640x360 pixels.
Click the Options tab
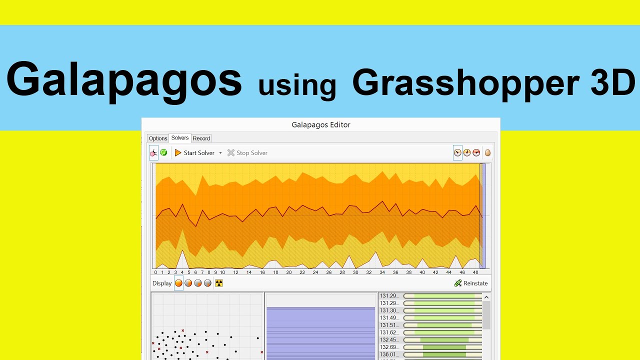pos(158,138)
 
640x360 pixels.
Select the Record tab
pos(201,138)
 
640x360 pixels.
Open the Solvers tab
pos(180,138)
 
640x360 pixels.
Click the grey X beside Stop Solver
pos(230,153)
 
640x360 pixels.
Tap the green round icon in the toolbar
pos(163,152)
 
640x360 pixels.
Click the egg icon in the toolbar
pos(487,153)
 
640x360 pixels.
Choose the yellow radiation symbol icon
pos(218,283)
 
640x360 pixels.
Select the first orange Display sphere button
pos(178,283)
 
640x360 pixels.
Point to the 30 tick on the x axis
pos(355,272)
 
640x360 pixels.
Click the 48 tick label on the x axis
pos(475,272)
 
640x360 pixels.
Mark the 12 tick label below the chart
pos(235,272)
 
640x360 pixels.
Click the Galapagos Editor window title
pos(321,125)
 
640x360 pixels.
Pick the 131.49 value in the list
pos(389,318)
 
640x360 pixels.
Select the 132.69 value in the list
pos(389,347)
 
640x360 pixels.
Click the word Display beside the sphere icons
pos(162,283)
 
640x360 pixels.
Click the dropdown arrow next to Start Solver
pos(220,153)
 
